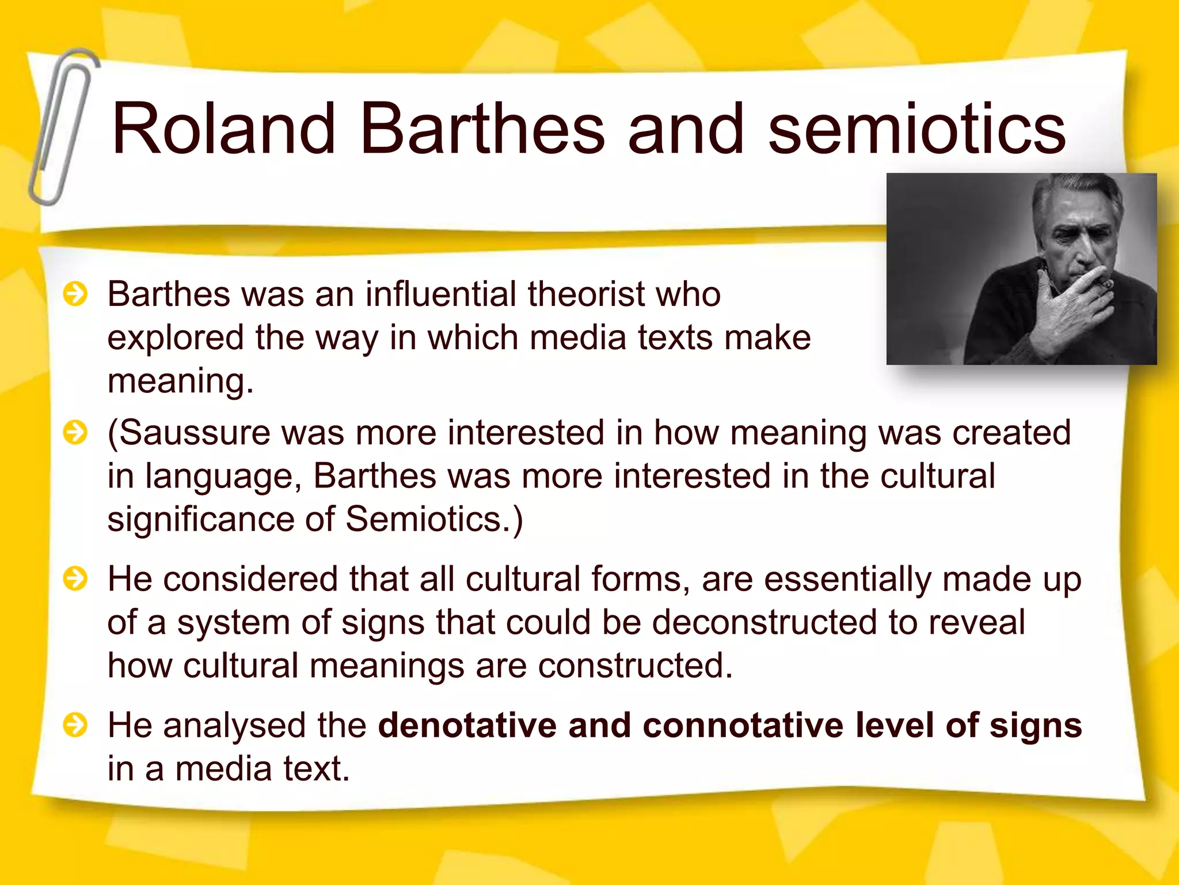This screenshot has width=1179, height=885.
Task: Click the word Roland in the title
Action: pyautogui.click(x=223, y=129)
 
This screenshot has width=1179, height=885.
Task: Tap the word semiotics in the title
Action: pyautogui.click(x=916, y=129)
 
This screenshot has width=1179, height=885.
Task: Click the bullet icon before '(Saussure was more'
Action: pyautogui.click(x=75, y=433)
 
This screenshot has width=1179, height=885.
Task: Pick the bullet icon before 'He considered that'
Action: pyautogui.click(x=75, y=578)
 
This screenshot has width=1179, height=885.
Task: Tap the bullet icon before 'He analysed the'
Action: pyautogui.click(x=75, y=725)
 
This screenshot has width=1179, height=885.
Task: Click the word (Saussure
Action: pyautogui.click(x=189, y=433)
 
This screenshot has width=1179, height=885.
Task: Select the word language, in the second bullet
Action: pyautogui.click(x=223, y=477)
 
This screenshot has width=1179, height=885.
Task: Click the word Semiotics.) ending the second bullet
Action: pyautogui.click(x=434, y=519)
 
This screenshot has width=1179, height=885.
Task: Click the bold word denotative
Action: pyautogui.click(x=467, y=725)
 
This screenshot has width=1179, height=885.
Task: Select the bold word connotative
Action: pyautogui.click(x=743, y=725)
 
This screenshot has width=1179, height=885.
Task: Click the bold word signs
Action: pyautogui.click(x=1036, y=726)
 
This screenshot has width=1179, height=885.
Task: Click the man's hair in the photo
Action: pyautogui.click(x=1065, y=196)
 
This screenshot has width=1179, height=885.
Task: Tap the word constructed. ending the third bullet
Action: pyautogui.click(x=635, y=666)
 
